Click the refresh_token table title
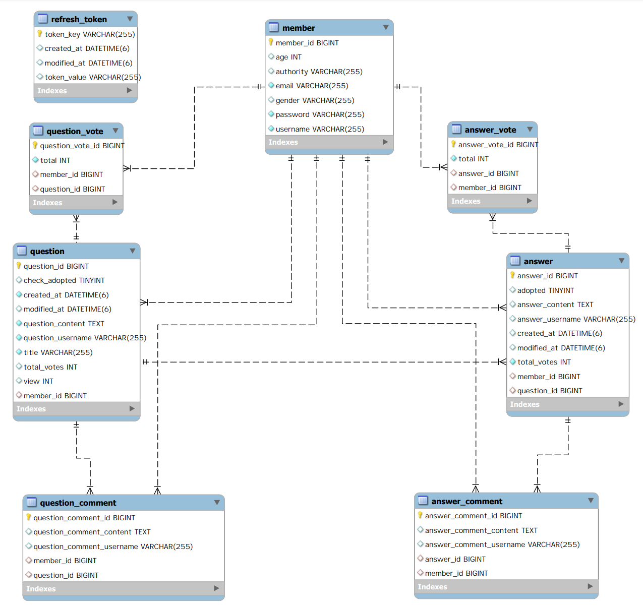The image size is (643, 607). [x=79, y=20]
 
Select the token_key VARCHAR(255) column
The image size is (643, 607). [x=90, y=34]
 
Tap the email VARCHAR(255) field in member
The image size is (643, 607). [x=312, y=86]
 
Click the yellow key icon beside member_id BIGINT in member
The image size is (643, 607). [x=271, y=42]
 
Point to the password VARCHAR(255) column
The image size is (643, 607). [x=320, y=114]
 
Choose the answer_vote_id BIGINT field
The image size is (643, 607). [x=498, y=145]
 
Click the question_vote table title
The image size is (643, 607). [x=75, y=131]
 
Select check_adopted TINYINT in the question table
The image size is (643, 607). [x=64, y=280]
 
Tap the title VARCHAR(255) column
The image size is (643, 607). [x=59, y=352]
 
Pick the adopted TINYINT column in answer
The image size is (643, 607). [x=546, y=290]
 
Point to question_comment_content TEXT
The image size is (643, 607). [x=92, y=532]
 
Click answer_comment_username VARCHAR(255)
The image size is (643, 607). [x=502, y=544]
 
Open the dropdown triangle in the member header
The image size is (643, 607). [x=386, y=28]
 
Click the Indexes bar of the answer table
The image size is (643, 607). [x=567, y=404]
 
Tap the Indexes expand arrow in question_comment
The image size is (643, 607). [x=216, y=588]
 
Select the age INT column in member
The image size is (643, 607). [x=288, y=57]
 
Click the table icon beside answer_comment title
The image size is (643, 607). [x=423, y=501]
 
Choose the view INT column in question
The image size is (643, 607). [x=38, y=381]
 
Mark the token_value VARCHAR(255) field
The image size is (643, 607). [x=93, y=77]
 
